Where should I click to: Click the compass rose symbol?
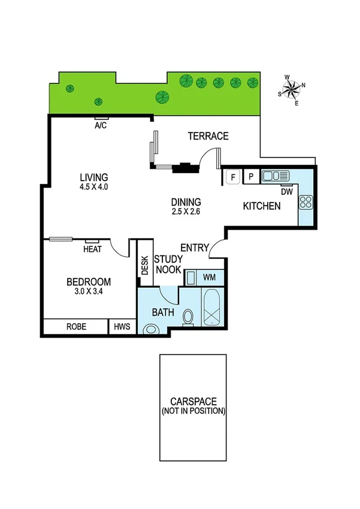[292, 89]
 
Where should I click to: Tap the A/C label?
[101, 126]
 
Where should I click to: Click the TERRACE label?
[208, 136]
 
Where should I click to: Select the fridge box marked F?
[232, 177]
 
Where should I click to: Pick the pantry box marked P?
[251, 177]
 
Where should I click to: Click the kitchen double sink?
[276, 176]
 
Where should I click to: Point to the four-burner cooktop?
[305, 202]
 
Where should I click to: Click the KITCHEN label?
[262, 206]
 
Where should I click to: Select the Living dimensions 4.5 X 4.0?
[94, 186]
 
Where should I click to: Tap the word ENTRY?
[195, 248]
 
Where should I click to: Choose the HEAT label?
[92, 249]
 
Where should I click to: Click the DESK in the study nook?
[144, 266]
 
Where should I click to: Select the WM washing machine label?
[210, 277]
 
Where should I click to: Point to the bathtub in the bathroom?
[213, 307]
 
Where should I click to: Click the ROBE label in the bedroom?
[76, 327]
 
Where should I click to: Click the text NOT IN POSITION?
[193, 411]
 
